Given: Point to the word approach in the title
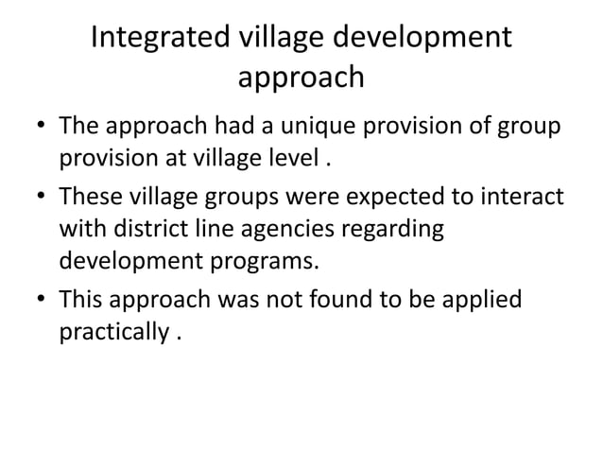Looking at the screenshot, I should (301, 78).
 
